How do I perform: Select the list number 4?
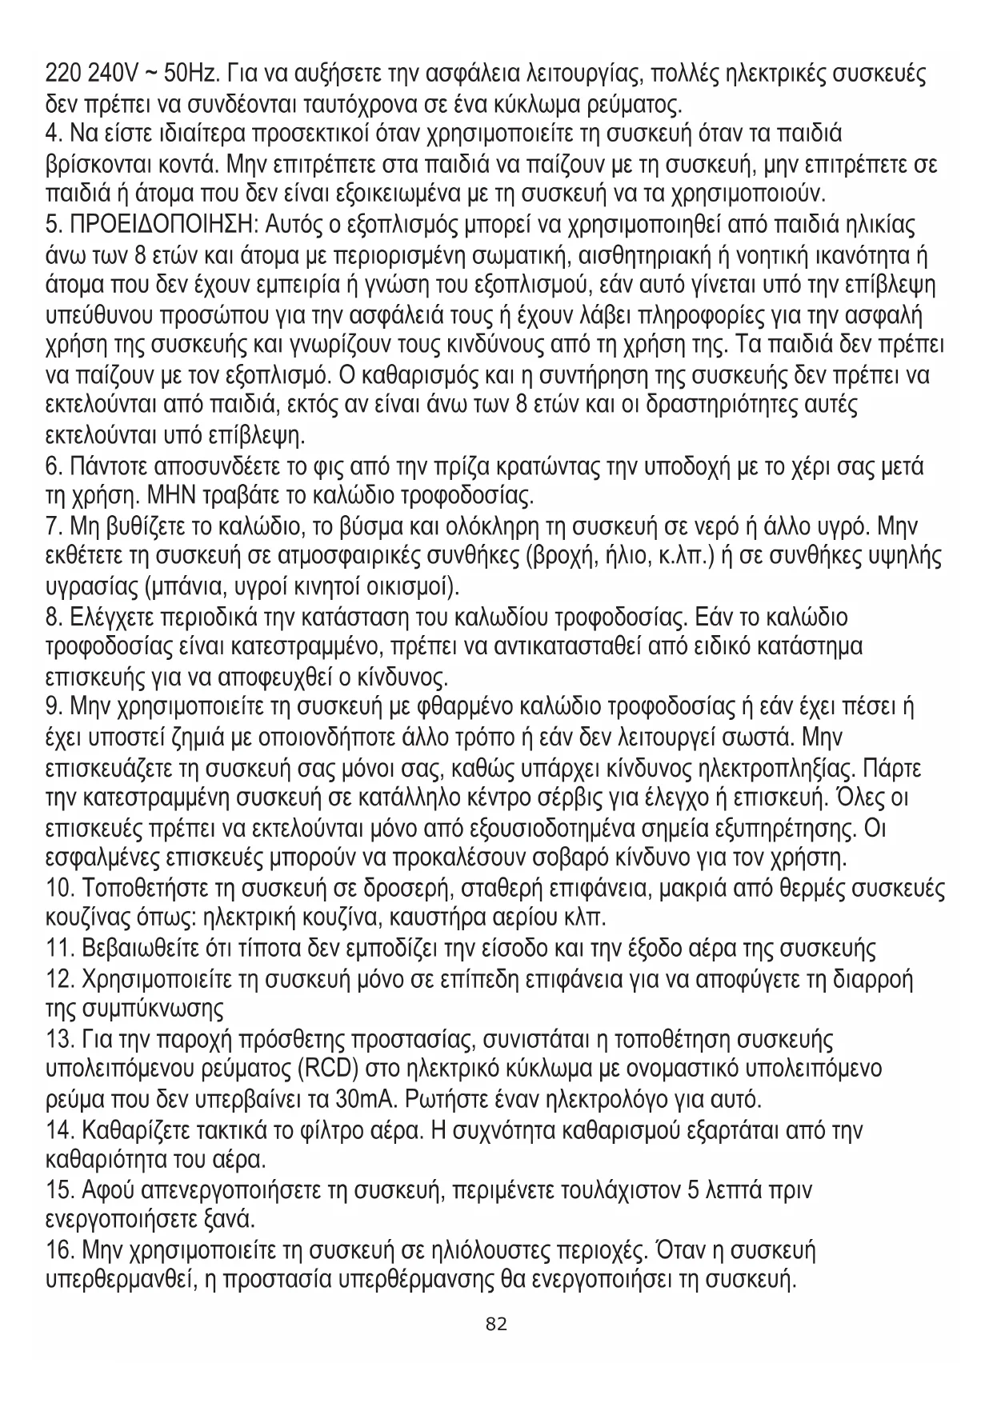53,132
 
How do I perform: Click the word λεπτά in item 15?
735,1190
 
